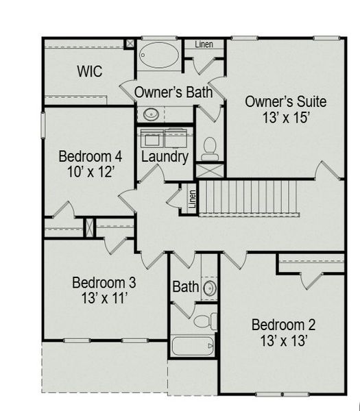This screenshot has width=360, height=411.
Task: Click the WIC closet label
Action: (x=90, y=71)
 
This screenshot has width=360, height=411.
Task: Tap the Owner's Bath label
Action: (x=173, y=92)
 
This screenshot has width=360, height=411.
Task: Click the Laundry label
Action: (x=165, y=158)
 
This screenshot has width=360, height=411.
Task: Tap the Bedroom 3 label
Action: (x=104, y=282)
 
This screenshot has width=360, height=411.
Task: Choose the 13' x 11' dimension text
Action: (x=104, y=299)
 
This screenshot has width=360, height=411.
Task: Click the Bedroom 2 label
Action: (x=283, y=324)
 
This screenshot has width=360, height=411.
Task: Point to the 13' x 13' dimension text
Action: (x=283, y=340)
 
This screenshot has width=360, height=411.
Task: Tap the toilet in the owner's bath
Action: (x=211, y=145)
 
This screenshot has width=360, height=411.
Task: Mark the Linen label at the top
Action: (x=204, y=45)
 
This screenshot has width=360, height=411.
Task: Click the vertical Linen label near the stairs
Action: (x=193, y=199)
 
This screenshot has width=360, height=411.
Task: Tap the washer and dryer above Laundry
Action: (x=165, y=137)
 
